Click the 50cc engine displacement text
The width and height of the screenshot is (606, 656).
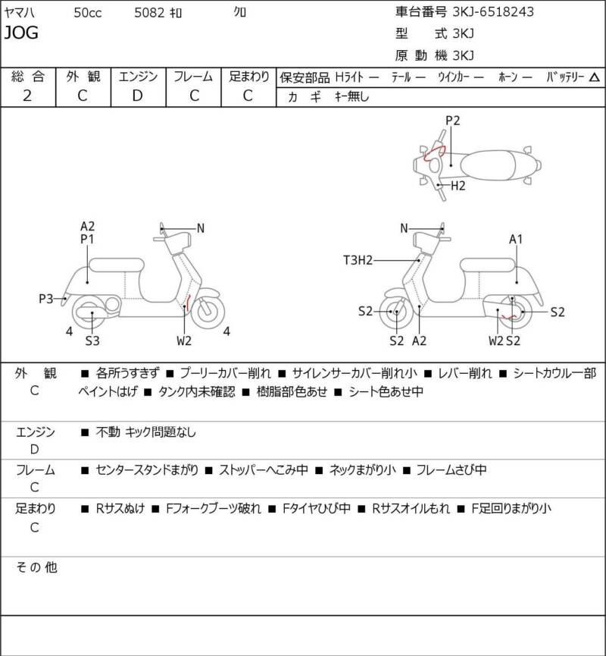coord(89,12)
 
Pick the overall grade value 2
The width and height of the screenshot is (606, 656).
coord(27,96)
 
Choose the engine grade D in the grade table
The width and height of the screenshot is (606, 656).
coord(136,96)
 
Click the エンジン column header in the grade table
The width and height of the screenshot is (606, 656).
coord(136,77)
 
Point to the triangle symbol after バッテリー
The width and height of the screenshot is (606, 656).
coord(594,77)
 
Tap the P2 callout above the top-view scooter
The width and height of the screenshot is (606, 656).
coord(452,120)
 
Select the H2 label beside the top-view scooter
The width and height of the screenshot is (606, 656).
coord(458,185)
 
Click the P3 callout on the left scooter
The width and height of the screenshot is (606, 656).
coord(46,299)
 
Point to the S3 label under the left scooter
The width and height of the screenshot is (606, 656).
coord(92,341)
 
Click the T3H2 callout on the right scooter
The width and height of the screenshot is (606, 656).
coord(358,260)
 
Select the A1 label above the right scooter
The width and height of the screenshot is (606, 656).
coord(516,240)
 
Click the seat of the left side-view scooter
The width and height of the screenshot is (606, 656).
coord(116,265)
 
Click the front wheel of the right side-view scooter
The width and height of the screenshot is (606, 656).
coord(395,310)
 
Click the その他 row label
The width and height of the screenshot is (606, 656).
coord(37,567)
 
